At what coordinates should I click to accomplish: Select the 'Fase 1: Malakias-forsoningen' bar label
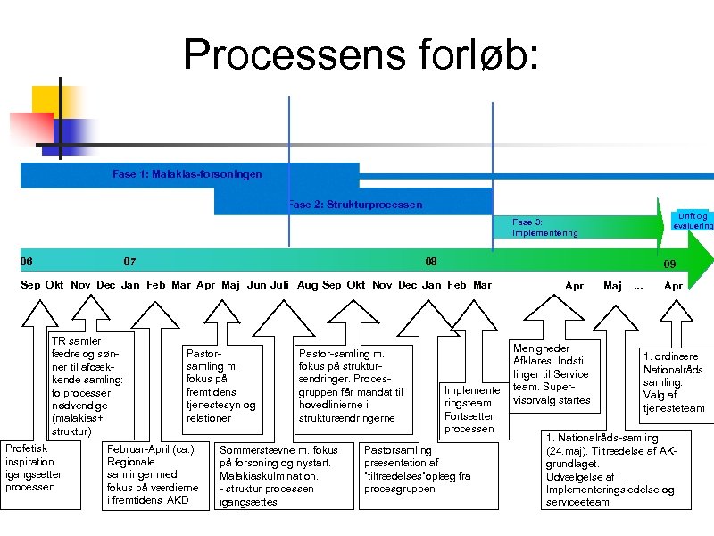(x=187, y=174)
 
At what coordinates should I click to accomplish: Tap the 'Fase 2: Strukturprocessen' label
(x=355, y=205)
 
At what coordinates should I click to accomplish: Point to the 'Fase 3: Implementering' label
(x=544, y=227)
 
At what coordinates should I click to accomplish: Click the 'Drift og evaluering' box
(x=693, y=221)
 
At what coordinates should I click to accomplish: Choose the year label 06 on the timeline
(x=27, y=262)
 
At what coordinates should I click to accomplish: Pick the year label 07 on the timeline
(x=129, y=262)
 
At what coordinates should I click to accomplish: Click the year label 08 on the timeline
(x=431, y=262)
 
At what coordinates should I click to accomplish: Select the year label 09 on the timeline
(x=669, y=264)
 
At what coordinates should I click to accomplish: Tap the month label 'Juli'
(x=279, y=285)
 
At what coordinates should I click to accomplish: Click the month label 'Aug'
(x=307, y=285)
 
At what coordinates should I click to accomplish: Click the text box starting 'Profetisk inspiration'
(x=33, y=467)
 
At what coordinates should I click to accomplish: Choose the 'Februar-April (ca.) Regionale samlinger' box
(x=153, y=474)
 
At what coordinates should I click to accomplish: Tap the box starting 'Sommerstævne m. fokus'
(x=278, y=476)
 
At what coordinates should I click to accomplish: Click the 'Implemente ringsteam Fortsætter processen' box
(x=471, y=410)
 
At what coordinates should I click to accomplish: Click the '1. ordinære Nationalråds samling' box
(x=674, y=382)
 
